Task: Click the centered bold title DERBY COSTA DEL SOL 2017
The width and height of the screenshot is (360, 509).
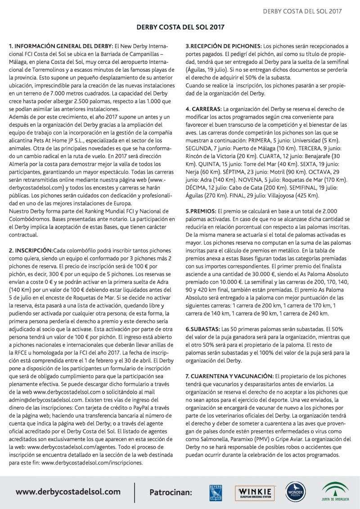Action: tap(180, 27)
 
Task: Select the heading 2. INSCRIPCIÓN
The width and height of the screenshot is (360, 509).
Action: tap(31, 250)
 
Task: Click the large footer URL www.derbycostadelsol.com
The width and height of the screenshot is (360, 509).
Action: tap(68, 491)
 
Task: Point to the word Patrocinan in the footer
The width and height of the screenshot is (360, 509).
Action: tap(171, 492)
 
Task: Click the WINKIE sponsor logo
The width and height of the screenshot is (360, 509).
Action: tap(255, 491)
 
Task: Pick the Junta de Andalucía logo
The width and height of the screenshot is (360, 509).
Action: tap(334, 491)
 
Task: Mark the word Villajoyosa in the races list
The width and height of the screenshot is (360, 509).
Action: tap(303, 196)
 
